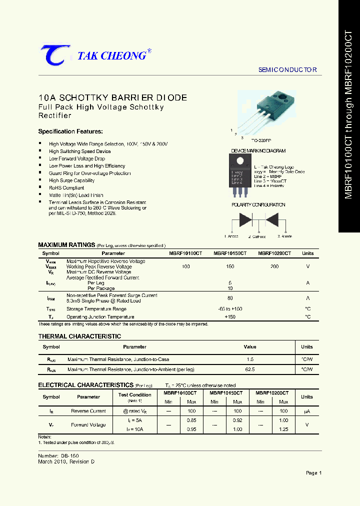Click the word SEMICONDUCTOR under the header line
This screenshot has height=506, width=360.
click(287, 70)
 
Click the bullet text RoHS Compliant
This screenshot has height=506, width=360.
click(66, 188)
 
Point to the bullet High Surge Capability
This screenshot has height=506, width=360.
click(71, 180)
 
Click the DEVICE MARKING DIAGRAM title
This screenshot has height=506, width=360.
click(258, 151)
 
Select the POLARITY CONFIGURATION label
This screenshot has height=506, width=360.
click(258, 205)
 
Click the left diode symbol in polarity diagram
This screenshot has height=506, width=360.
click(245, 220)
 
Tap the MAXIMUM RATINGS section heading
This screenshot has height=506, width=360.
click(66, 245)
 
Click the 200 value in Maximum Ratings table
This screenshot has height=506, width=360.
click(274, 267)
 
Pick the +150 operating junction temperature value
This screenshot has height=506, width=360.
click(230, 317)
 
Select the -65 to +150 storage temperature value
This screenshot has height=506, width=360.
click(230, 309)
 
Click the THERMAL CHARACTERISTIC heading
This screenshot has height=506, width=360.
click(79, 336)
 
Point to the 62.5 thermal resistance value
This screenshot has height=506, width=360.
click(250, 369)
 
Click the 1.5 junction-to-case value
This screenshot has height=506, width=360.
click(250, 359)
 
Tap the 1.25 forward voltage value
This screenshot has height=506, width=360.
click(283, 429)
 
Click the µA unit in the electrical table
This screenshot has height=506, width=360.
click(307, 411)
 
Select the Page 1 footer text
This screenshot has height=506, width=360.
click(313, 473)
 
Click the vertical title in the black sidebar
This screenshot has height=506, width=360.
click(349, 115)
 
